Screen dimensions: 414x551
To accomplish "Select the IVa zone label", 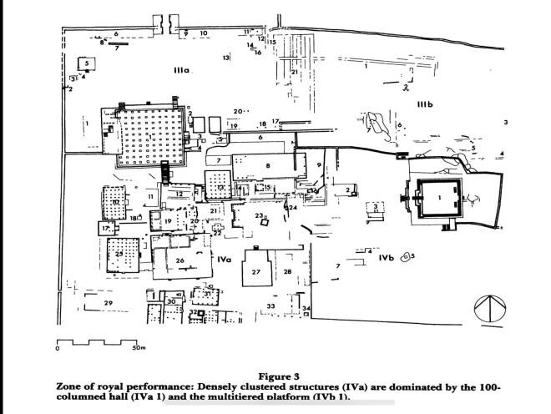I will click(x=223, y=260).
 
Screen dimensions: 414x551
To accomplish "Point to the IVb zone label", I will click(x=385, y=259).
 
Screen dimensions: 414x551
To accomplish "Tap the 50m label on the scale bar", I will click(x=139, y=347).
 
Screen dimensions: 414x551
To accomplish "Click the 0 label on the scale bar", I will click(x=58, y=348).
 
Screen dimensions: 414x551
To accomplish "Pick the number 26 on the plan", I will click(x=179, y=260).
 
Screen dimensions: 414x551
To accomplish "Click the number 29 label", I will click(x=107, y=302).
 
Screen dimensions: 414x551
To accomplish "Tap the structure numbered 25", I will click(x=119, y=253).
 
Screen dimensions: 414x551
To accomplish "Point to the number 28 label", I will click(x=286, y=271).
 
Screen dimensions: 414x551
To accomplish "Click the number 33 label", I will click(x=270, y=306).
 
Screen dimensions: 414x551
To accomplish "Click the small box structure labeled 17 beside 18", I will click(x=106, y=228).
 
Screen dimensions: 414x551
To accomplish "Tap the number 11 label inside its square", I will click(x=150, y=197).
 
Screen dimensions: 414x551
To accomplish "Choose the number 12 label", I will click(x=179, y=194).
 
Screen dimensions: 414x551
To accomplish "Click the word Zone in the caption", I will click(x=72, y=387).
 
